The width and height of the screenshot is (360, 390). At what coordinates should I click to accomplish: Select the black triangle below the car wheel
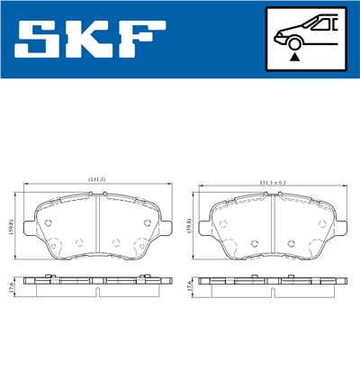click(x=294, y=57)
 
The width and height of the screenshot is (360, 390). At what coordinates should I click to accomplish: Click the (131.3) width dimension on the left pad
click(x=96, y=180)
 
